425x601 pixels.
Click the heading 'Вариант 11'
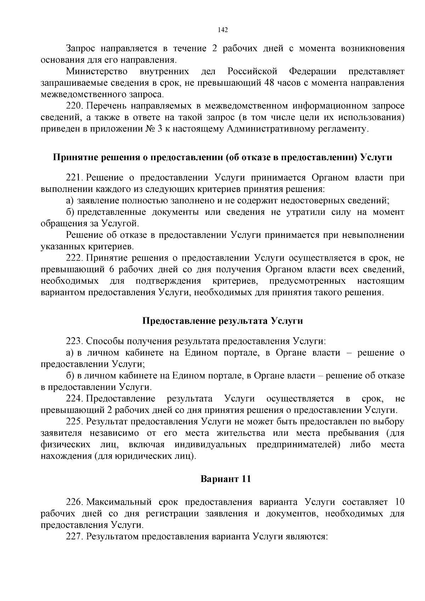click(x=226, y=480)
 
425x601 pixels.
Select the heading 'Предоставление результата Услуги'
click(x=222, y=321)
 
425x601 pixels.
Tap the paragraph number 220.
click(x=74, y=106)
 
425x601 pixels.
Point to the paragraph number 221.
click(x=74, y=177)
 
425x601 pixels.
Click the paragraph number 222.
click(x=74, y=258)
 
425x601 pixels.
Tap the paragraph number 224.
click(x=74, y=399)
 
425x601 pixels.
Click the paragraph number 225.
click(x=74, y=422)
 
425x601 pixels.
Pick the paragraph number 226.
click(x=74, y=502)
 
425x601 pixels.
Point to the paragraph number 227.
click(x=74, y=537)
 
